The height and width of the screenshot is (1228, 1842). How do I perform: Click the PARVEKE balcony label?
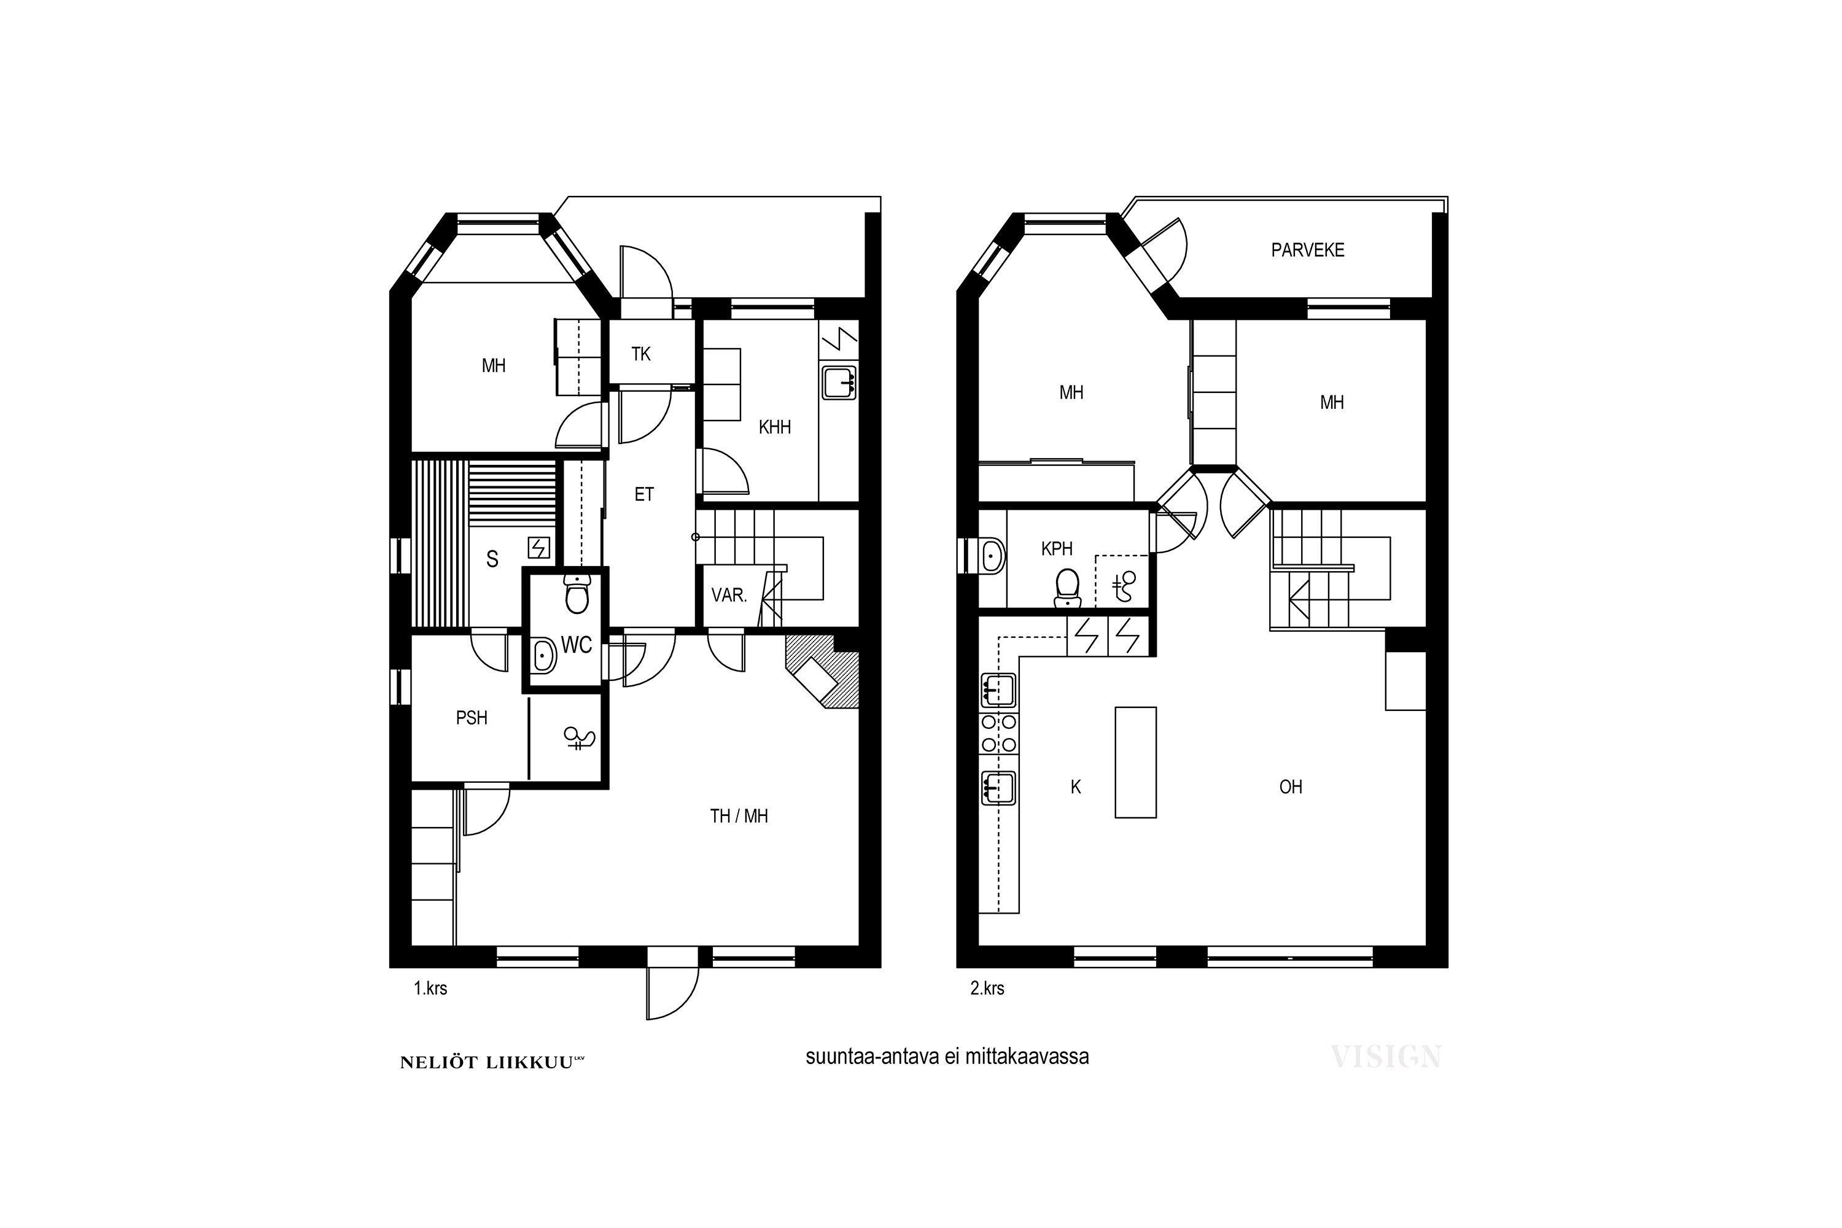coord(1307,250)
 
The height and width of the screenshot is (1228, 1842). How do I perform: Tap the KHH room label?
coord(774,427)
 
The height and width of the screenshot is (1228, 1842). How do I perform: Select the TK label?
coord(640,354)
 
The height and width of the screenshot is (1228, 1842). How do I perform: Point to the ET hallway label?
coord(643,494)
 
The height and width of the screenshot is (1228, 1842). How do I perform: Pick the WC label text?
coord(577,645)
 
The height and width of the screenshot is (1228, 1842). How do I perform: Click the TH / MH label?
coord(739,816)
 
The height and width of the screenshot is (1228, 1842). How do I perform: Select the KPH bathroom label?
coord(1057,549)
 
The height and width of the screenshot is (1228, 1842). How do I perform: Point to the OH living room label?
coord(1291,787)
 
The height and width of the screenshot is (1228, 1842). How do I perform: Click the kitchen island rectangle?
coord(1135,762)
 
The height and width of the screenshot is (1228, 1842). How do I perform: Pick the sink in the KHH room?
coord(839,382)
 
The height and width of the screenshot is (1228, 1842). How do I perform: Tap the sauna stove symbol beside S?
coord(539,546)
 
